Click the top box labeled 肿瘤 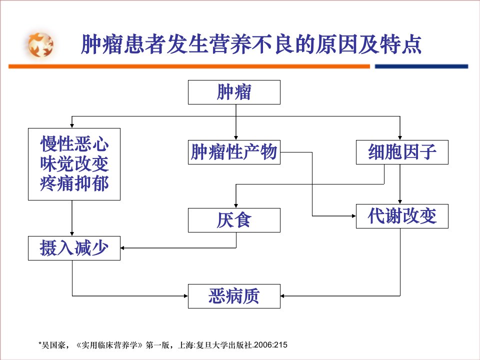[x=234, y=92]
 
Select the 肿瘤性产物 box [x=234, y=152]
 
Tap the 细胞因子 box [x=402, y=152]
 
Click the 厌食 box [x=234, y=220]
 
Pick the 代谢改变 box [x=402, y=216]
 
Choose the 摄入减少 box [x=74, y=248]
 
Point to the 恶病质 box [x=234, y=296]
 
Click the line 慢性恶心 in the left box [x=74, y=144]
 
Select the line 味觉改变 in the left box [x=74, y=164]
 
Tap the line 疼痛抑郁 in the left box [x=74, y=183]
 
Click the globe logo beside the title [x=40, y=44]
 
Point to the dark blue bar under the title [x=421, y=66]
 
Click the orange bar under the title [x=189, y=66]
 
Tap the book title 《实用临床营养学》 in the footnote [x=109, y=345]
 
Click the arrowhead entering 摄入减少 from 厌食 [x=122, y=248]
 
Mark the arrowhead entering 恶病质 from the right [x=282, y=296]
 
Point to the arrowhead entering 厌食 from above [x=236, y=205]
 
